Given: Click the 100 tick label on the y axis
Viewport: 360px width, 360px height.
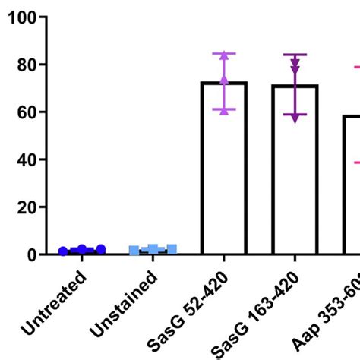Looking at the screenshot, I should (21, 18).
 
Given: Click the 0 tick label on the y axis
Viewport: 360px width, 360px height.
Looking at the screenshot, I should (30, 254).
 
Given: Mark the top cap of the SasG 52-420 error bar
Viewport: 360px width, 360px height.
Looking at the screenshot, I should (223, 53).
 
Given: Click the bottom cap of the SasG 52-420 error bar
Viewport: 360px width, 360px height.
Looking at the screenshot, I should (223, 110).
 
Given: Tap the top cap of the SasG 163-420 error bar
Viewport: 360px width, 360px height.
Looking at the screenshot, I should (295, 55).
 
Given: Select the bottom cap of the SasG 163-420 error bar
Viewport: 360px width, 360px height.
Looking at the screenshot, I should (295, 115).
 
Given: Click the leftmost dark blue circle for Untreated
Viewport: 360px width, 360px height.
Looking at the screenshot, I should (63, 251).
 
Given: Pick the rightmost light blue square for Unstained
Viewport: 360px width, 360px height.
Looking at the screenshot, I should (172, 249).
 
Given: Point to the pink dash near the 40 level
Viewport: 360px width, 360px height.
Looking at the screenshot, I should (355, 162).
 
